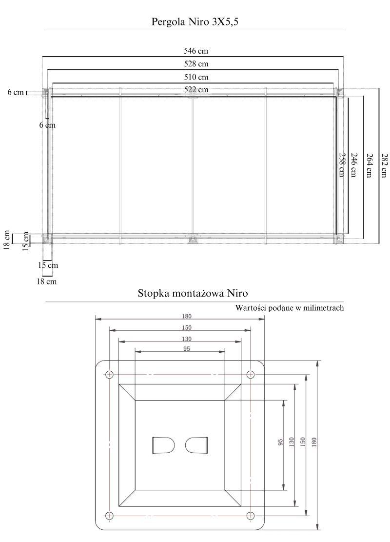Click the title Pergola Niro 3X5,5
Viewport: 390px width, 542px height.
(x=195, y=22)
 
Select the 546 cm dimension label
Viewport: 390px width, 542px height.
(x=196, y=51)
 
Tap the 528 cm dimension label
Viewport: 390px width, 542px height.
(x=196, y=63)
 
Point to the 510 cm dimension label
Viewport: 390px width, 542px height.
(x=196, y=77)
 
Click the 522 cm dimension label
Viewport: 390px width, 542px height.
(x=196, y=90)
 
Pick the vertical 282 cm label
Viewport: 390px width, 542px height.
(x=383, y=165)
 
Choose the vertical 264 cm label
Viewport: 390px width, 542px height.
(x=368, y=165)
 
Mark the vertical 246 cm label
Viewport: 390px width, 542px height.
(x=353, y=165)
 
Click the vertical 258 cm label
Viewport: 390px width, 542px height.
(x=341, y=165)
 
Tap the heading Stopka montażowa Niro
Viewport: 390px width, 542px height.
(x=193, y=293)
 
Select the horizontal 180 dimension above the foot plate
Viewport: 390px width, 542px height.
(x=186, y=316)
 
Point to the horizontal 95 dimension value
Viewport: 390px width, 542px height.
(x=187, y=349)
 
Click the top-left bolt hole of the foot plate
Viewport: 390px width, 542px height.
(x=110, y=374)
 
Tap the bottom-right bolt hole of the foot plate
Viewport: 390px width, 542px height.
(x=251, y=516)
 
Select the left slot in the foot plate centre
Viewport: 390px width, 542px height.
(x=163, y=445)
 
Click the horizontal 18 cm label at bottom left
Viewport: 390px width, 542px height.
(x=47, y=281)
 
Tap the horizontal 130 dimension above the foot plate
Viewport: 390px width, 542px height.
(x=186, y=339)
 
